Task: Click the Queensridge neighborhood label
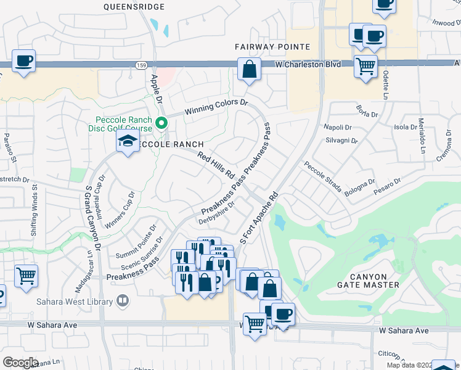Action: point(134,7)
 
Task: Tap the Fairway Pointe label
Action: point(271,47)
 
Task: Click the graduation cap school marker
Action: point(128,142)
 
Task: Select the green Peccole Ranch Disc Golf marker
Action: point(161,123)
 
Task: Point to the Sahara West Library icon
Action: point(123,301)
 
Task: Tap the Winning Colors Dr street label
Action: point(216,108)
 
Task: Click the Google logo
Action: point(20,363)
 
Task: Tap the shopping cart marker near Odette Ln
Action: point(365,65)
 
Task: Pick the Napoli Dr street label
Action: point(337,127)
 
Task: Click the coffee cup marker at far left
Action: point(23,61)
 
